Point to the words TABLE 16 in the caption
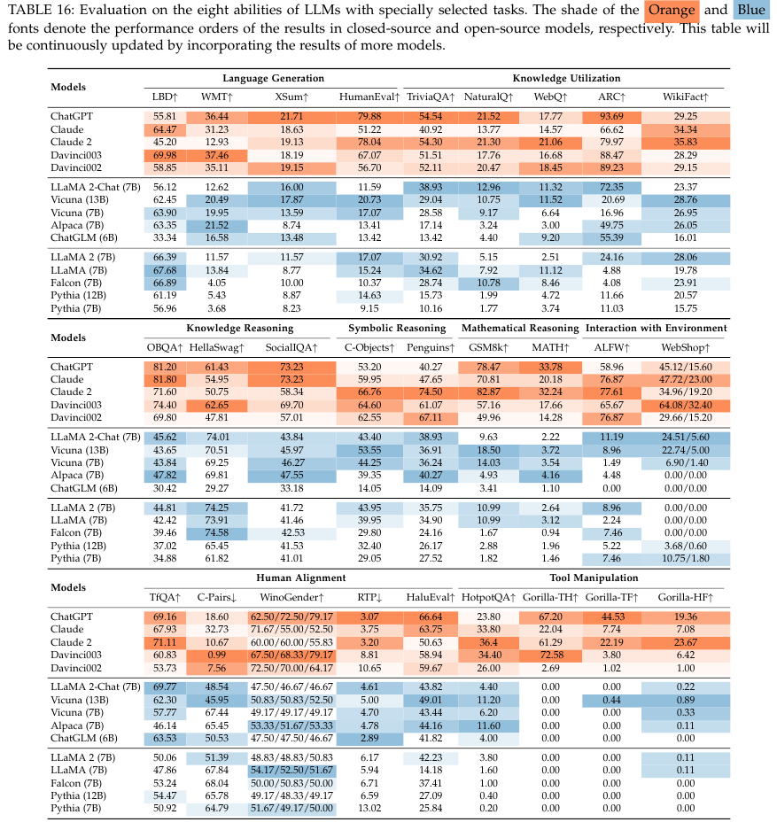click(x=33, y=12)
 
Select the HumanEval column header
click(x=365, y=96)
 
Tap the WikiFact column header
click(x=683, y=96)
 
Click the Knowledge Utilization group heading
click(x=566, y=79)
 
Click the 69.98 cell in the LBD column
click(x=165, y=153)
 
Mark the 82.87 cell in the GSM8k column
click(x=489, y=391)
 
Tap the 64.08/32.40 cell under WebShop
click(x=683, y=404)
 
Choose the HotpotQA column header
click(x=486, y=595)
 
